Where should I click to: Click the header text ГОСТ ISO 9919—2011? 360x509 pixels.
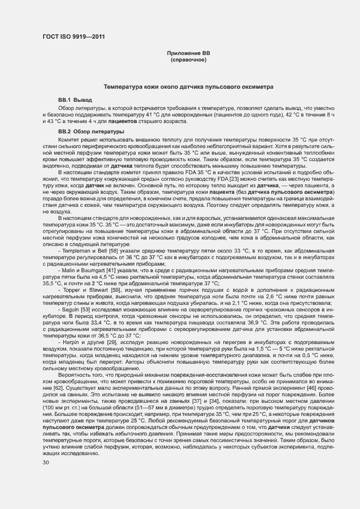point(74,36)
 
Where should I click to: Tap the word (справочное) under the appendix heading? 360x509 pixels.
point(188,59)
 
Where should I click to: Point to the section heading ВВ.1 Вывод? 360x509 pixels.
point(75,101)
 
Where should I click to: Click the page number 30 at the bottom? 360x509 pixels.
point(46,463)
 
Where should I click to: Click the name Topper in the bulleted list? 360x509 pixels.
point(74,290)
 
